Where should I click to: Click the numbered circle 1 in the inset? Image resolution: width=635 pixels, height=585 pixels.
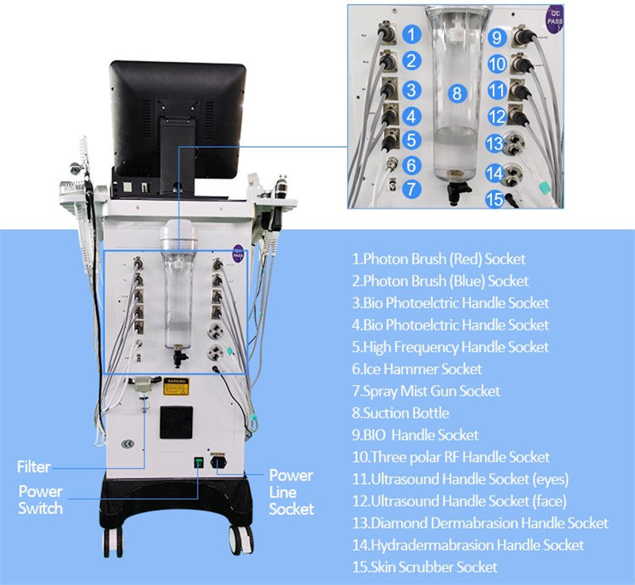coord(410,33)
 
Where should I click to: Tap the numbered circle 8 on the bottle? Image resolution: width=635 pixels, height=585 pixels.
coord(456,93)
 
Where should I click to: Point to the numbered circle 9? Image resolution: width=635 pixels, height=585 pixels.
coord(496,37)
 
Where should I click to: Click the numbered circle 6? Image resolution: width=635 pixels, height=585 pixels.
coord(410,166)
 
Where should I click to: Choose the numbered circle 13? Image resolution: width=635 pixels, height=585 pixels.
coord(495,144)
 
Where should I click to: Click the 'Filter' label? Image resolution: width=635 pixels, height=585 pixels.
coord(33,467)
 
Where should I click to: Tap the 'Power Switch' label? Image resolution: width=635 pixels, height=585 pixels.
coord(40,499)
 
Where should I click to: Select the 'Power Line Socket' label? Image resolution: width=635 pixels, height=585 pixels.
coord(291,492)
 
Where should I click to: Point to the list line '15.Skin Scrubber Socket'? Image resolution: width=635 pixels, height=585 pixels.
coord(425,567)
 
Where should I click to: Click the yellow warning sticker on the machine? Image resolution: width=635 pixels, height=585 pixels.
coord(175,386)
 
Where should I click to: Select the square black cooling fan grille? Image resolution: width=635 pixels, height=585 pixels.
coord(176,421)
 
